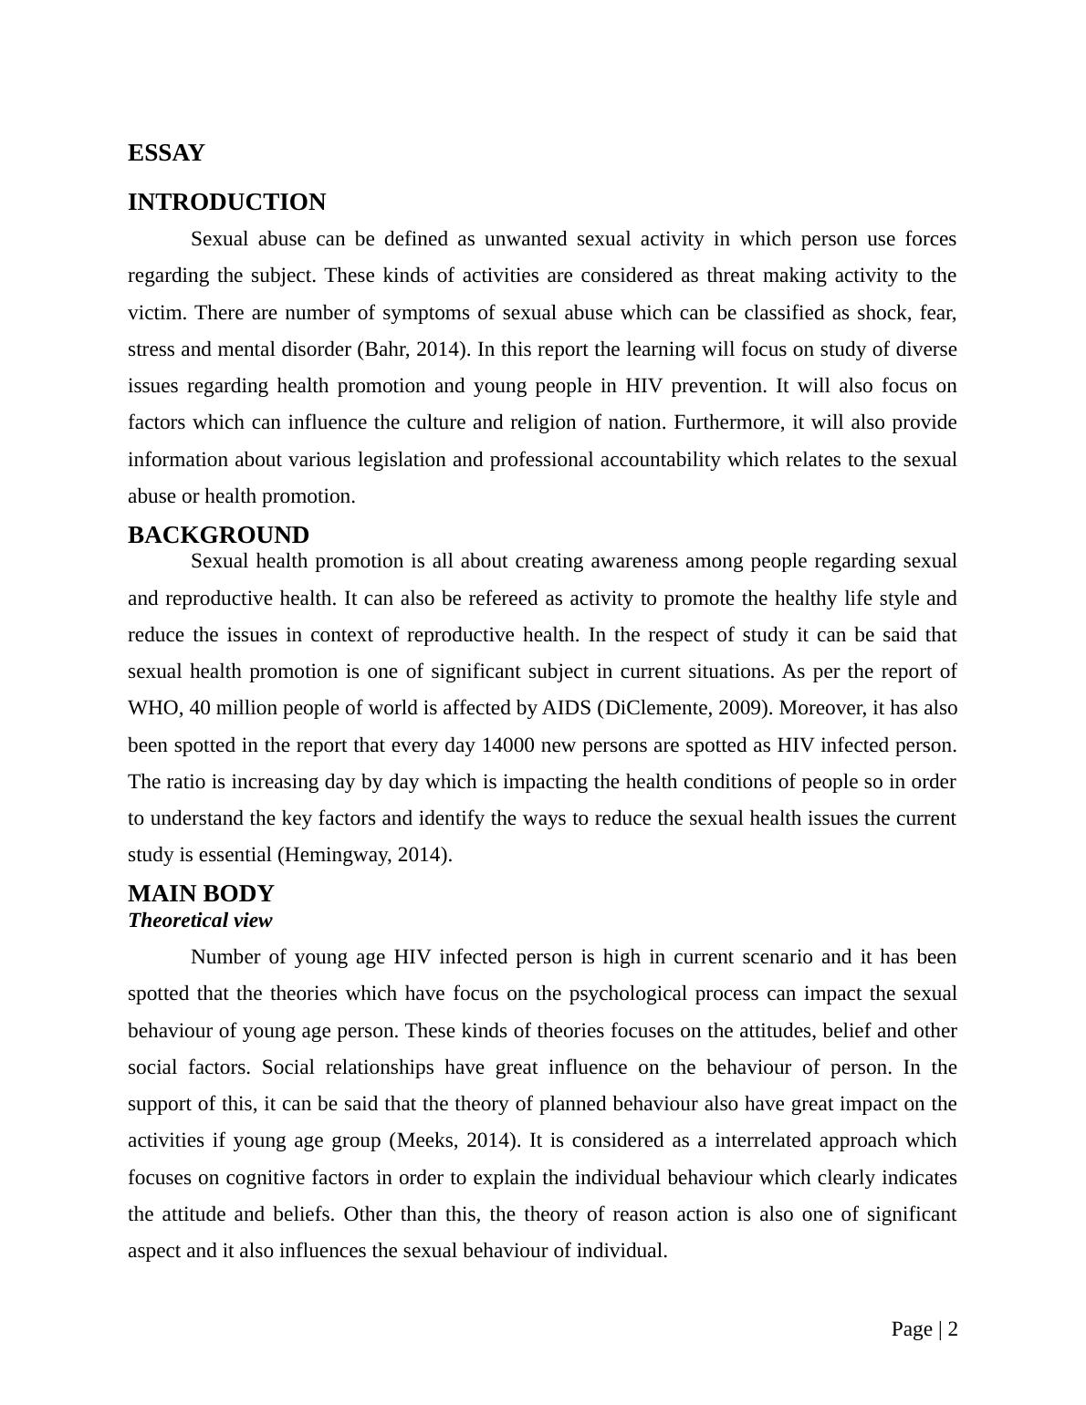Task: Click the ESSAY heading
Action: tap(166, 153)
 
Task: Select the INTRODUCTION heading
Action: tap(226, 203)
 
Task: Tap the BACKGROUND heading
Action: tap(218, 536)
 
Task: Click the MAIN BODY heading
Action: tap(201, 894)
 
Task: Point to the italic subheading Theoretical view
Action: tap(200, 921)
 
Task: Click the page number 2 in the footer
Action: tap(953, 1329)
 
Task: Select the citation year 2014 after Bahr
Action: tap(442, 349)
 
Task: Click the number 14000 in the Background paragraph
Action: tap(507, 745)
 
